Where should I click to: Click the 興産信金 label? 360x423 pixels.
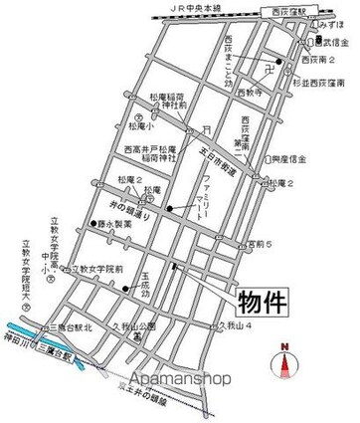coord(288,158)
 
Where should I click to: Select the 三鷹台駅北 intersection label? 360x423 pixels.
coord(75,325)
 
